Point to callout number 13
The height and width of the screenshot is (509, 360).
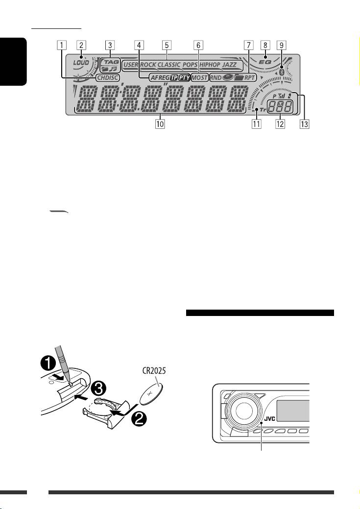[x=306, y=124]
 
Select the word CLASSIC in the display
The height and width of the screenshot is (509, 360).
[x=169, y=65]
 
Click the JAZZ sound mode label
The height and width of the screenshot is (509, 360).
[x=229, y=65]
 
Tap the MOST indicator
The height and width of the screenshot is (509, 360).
[x=199, y=77]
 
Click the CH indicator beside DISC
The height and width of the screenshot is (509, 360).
[x=101, y=77]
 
